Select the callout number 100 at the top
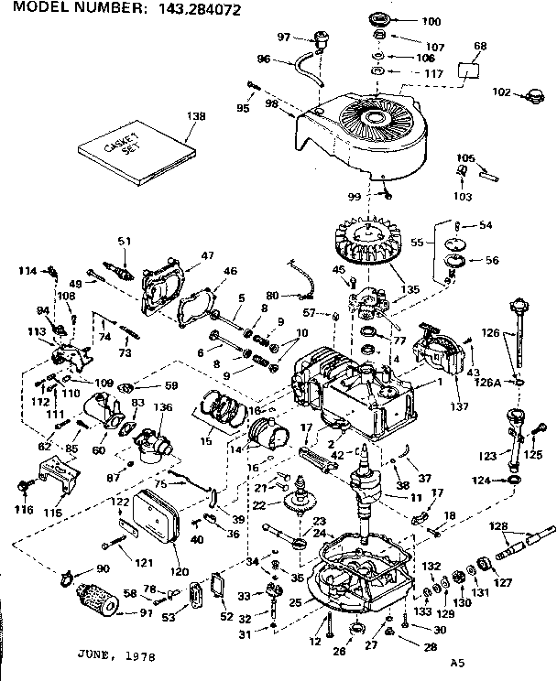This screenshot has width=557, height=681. tap(404, 21)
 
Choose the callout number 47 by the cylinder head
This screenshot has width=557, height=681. tap(207, 255)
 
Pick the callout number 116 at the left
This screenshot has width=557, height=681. tap(23, 510)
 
